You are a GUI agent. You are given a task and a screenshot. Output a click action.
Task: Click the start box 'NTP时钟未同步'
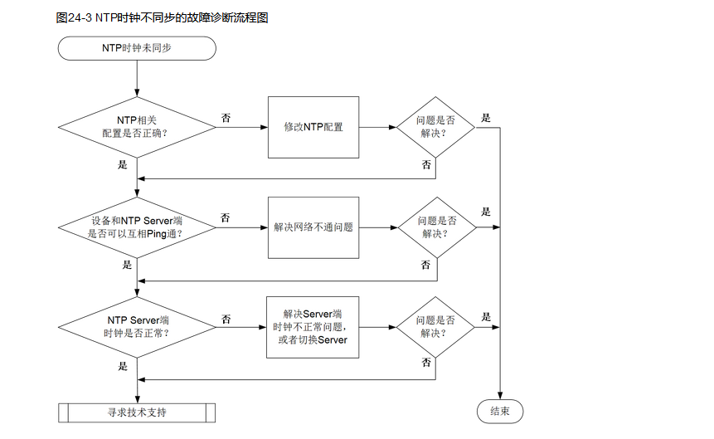(137, 48)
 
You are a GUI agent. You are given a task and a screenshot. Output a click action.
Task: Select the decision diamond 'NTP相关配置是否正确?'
(137, 127)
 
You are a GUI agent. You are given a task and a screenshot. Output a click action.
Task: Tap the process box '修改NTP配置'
(313, 127)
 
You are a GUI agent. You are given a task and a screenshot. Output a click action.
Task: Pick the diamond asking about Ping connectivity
(137, 227)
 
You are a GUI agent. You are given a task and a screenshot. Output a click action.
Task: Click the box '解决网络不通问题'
(313, 227)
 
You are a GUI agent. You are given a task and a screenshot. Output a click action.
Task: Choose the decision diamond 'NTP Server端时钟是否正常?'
(137, 326)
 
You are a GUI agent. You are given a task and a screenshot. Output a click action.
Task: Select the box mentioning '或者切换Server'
(313, 326)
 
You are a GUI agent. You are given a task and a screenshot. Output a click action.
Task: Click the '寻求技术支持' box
(137, 412)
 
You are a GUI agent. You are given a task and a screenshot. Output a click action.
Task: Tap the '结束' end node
(500, 412)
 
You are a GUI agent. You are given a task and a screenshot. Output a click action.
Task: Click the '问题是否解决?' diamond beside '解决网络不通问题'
(436, 227)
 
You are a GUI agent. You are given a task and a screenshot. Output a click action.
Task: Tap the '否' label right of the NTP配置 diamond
(226, 118)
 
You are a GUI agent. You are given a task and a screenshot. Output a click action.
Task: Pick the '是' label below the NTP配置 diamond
(123, 164)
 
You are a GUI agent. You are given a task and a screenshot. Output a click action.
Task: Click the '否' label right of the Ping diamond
(226, 217)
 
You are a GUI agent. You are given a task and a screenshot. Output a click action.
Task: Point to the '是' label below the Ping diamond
(126, 265)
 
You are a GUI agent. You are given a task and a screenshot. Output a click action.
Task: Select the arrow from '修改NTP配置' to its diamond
(377, 127)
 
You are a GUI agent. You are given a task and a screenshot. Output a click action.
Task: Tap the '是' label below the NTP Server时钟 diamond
(123, 365)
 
